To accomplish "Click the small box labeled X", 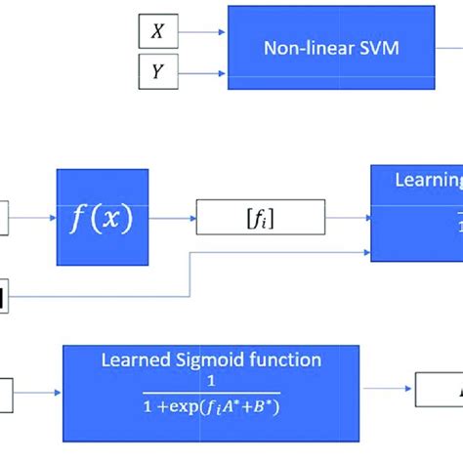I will click(x=156, y=32).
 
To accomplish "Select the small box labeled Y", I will click(x=156, y=70).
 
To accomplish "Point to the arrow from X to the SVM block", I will click(x=200, y=32).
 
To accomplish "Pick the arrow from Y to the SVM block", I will click(x=200, y=70).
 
